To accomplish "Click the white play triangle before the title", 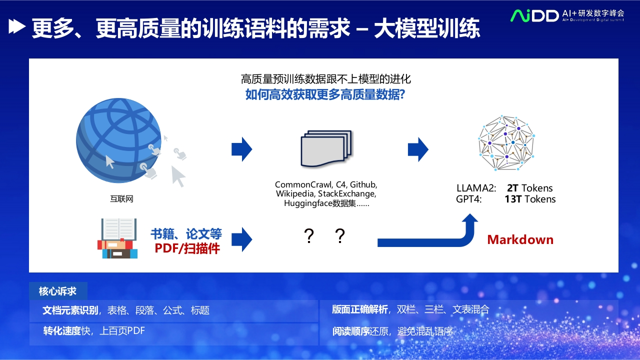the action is point(17,26).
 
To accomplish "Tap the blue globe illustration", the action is point(118,140).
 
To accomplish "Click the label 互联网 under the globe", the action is point(121,199).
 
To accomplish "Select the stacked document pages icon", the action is point(326,148).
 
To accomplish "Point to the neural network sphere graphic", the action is point(506,143).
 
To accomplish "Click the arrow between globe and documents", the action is point(241,149).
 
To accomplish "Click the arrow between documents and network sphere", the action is point(418,149).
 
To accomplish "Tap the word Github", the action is point(363,184).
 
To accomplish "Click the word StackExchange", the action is point(347,193).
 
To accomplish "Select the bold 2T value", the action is point(512,188).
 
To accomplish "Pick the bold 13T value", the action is point(513,199).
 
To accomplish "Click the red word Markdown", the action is point(520,239).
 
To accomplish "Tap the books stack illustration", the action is point(117,238).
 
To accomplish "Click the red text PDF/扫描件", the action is point(187,248).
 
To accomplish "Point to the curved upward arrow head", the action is point(469,218).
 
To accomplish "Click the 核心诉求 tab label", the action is point(57,291).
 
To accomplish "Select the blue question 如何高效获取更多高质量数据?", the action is point(325,94).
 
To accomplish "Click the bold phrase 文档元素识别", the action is point(70,310).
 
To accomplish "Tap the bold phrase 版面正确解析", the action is point(359,309).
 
